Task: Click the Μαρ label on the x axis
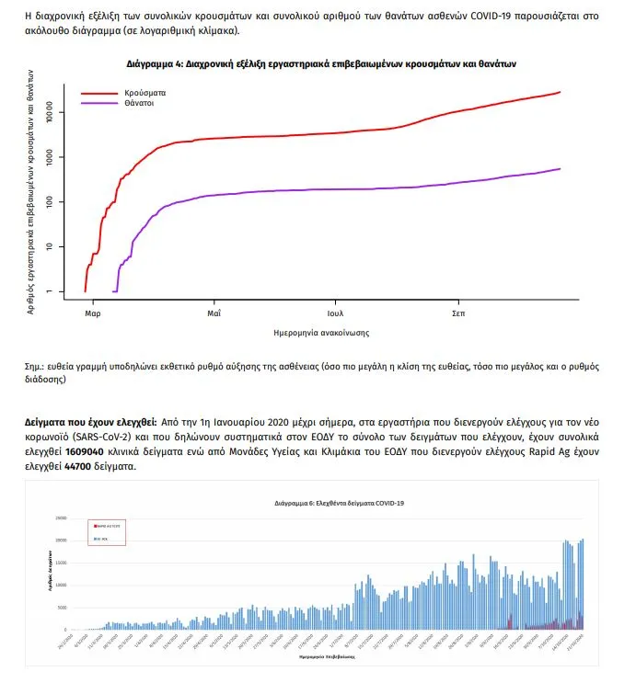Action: [92, 313]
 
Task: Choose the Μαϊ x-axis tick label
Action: [214, 313]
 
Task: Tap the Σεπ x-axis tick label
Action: [458, 313]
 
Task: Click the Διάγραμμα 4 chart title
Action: [321, 65]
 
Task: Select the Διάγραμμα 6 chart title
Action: [339, 504]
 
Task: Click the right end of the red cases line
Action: [560, 92]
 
